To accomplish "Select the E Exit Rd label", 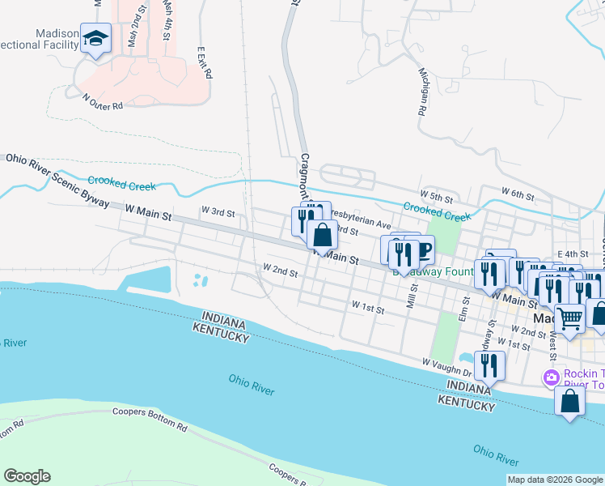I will click(204, 62).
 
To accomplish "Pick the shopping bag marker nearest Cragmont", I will click(322, 236).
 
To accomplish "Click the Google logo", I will click(27, 476).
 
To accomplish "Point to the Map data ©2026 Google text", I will click(555, 480).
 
